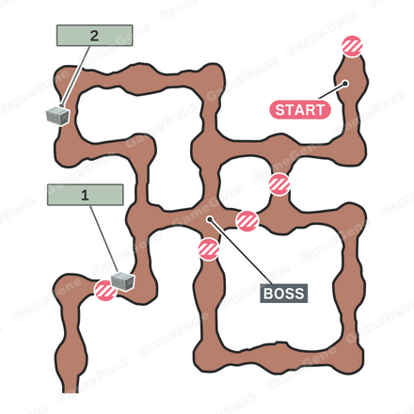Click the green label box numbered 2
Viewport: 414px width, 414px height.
coord(94,36)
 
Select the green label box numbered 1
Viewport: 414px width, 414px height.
coord(85,195)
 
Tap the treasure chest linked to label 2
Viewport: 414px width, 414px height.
coord(57,116)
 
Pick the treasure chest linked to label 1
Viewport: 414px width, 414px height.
coord(123,281)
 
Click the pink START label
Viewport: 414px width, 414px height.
coord(300,110)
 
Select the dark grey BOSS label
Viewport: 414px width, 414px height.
coord(284,294)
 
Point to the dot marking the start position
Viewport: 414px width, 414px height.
coord(345,84)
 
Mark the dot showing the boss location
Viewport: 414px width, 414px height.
coord(210,219)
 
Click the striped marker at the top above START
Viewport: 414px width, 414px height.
coord(352,46)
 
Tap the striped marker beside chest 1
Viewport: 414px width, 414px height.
coord(105,291)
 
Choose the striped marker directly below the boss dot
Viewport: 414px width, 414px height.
coord(209,249)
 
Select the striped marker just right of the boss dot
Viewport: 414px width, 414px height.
coord(247,221)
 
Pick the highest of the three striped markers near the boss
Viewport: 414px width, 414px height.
coord(279,184)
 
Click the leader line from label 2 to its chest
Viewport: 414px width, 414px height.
coord(75,76)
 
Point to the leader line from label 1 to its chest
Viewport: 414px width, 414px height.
coord(104,239)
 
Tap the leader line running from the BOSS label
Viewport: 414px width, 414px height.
coord(241,251)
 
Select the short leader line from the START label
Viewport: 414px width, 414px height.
coord(332,91)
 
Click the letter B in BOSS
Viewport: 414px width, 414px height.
coord(268,294)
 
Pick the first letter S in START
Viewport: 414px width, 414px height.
coord(279,110)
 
